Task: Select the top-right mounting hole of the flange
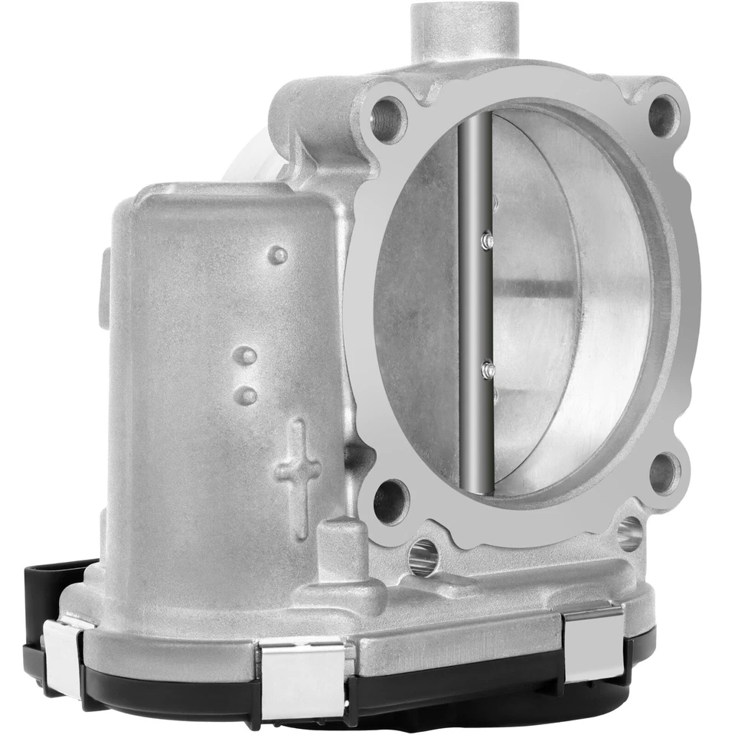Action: pos(664,115)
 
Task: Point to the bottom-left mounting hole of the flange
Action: pos(390,501)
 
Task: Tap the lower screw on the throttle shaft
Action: pos(488,371)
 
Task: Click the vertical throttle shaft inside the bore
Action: pos(474,306)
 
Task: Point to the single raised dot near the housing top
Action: pos(279,254)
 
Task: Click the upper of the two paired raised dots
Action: pos(245,356)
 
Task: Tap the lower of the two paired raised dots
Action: pos(247,395)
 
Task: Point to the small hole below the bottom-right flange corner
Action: pos(629,533)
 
